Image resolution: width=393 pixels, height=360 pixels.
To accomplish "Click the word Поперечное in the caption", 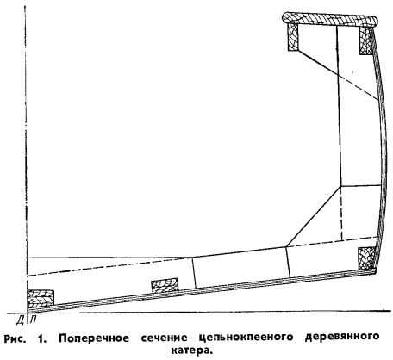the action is point(94,338).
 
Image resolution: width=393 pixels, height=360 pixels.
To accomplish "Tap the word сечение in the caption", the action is point(164,338).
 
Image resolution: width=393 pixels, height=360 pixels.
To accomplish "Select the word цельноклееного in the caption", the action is point(246,338).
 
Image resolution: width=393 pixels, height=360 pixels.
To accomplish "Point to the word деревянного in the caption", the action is point(342,337).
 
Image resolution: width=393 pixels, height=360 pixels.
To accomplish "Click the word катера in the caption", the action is point(192,351).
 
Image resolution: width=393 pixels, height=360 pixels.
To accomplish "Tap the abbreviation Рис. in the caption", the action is point(15,338).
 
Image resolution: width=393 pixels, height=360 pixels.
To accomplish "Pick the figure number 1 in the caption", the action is point(41,338).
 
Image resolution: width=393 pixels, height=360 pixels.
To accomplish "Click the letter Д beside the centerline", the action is point(20,320).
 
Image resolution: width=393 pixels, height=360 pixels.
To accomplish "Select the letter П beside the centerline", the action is point(33,320).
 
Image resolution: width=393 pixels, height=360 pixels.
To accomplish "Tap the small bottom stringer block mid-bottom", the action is point(165,286).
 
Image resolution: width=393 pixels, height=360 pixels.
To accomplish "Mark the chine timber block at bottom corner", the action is point(367,258).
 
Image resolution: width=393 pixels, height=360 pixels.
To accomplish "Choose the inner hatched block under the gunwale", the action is point(293,37).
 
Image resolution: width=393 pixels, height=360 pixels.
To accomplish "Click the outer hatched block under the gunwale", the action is point(366,40).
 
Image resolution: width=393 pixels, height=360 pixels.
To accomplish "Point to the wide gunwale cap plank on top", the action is point(329,20).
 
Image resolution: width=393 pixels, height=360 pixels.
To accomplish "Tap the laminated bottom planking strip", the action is point(201,290).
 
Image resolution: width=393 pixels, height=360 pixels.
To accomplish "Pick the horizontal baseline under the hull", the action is point(198,312).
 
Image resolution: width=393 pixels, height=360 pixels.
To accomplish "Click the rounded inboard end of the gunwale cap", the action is point(286,18).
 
